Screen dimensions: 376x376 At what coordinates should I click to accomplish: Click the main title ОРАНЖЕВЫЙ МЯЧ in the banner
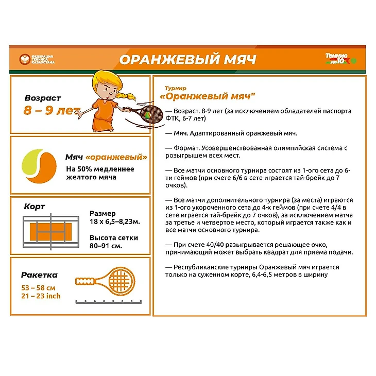(187, 59)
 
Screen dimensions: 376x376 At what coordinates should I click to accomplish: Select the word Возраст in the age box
(43, 98)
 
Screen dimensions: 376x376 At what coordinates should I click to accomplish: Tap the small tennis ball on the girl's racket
(147, 116)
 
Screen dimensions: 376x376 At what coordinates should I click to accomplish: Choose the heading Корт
(34, 207)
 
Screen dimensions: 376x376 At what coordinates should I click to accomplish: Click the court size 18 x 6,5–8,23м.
(115, 221)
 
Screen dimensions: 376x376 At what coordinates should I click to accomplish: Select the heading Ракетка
(39, 275)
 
